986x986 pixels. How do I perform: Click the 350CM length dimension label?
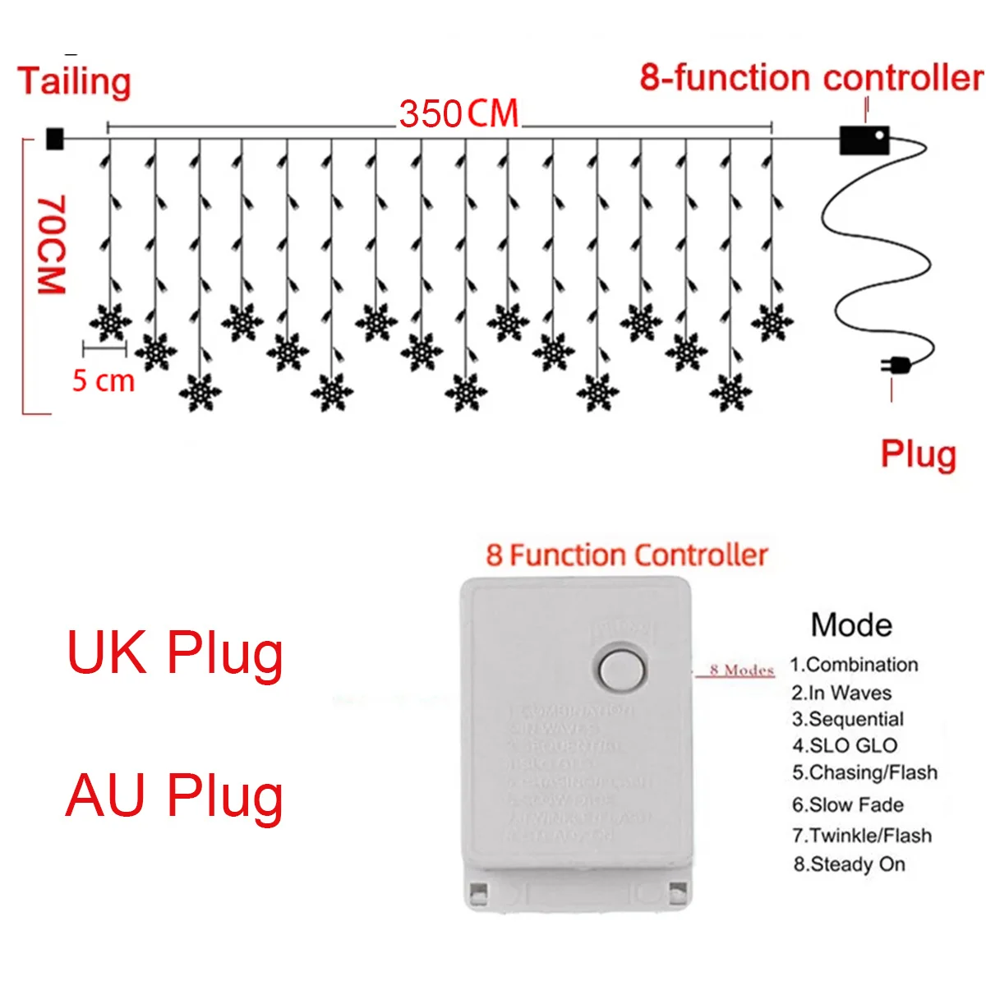(x=458, y=114)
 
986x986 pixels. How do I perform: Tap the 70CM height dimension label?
(x=51, y=244)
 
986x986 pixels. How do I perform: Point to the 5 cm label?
(x=103, y=381)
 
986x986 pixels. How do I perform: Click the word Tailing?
(x=74, y=81)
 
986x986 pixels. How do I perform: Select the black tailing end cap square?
(x=54, y=139)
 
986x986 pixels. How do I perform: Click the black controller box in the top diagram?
(x=864, y=140)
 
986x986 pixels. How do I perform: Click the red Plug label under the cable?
(x=918, y=454)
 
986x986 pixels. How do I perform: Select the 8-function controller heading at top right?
(x=811, y=78)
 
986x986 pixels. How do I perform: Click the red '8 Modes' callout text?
(x=741, y=670)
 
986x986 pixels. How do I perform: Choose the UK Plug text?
(x=174, y=654)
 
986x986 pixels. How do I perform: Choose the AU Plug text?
(x=174, y=795)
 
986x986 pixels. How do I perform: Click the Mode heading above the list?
(x=851, y=625)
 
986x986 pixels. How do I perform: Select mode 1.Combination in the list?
(x=854, y=665)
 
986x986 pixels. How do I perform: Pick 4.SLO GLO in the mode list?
(x=844, y=745)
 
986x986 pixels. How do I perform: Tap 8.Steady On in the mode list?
(x=849, y=864)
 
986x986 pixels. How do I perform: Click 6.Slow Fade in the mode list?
(x=847, y=804)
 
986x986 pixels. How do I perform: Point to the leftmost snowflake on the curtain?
(x=110, y=323)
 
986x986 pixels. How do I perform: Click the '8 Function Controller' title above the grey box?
(x=626, y=555)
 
